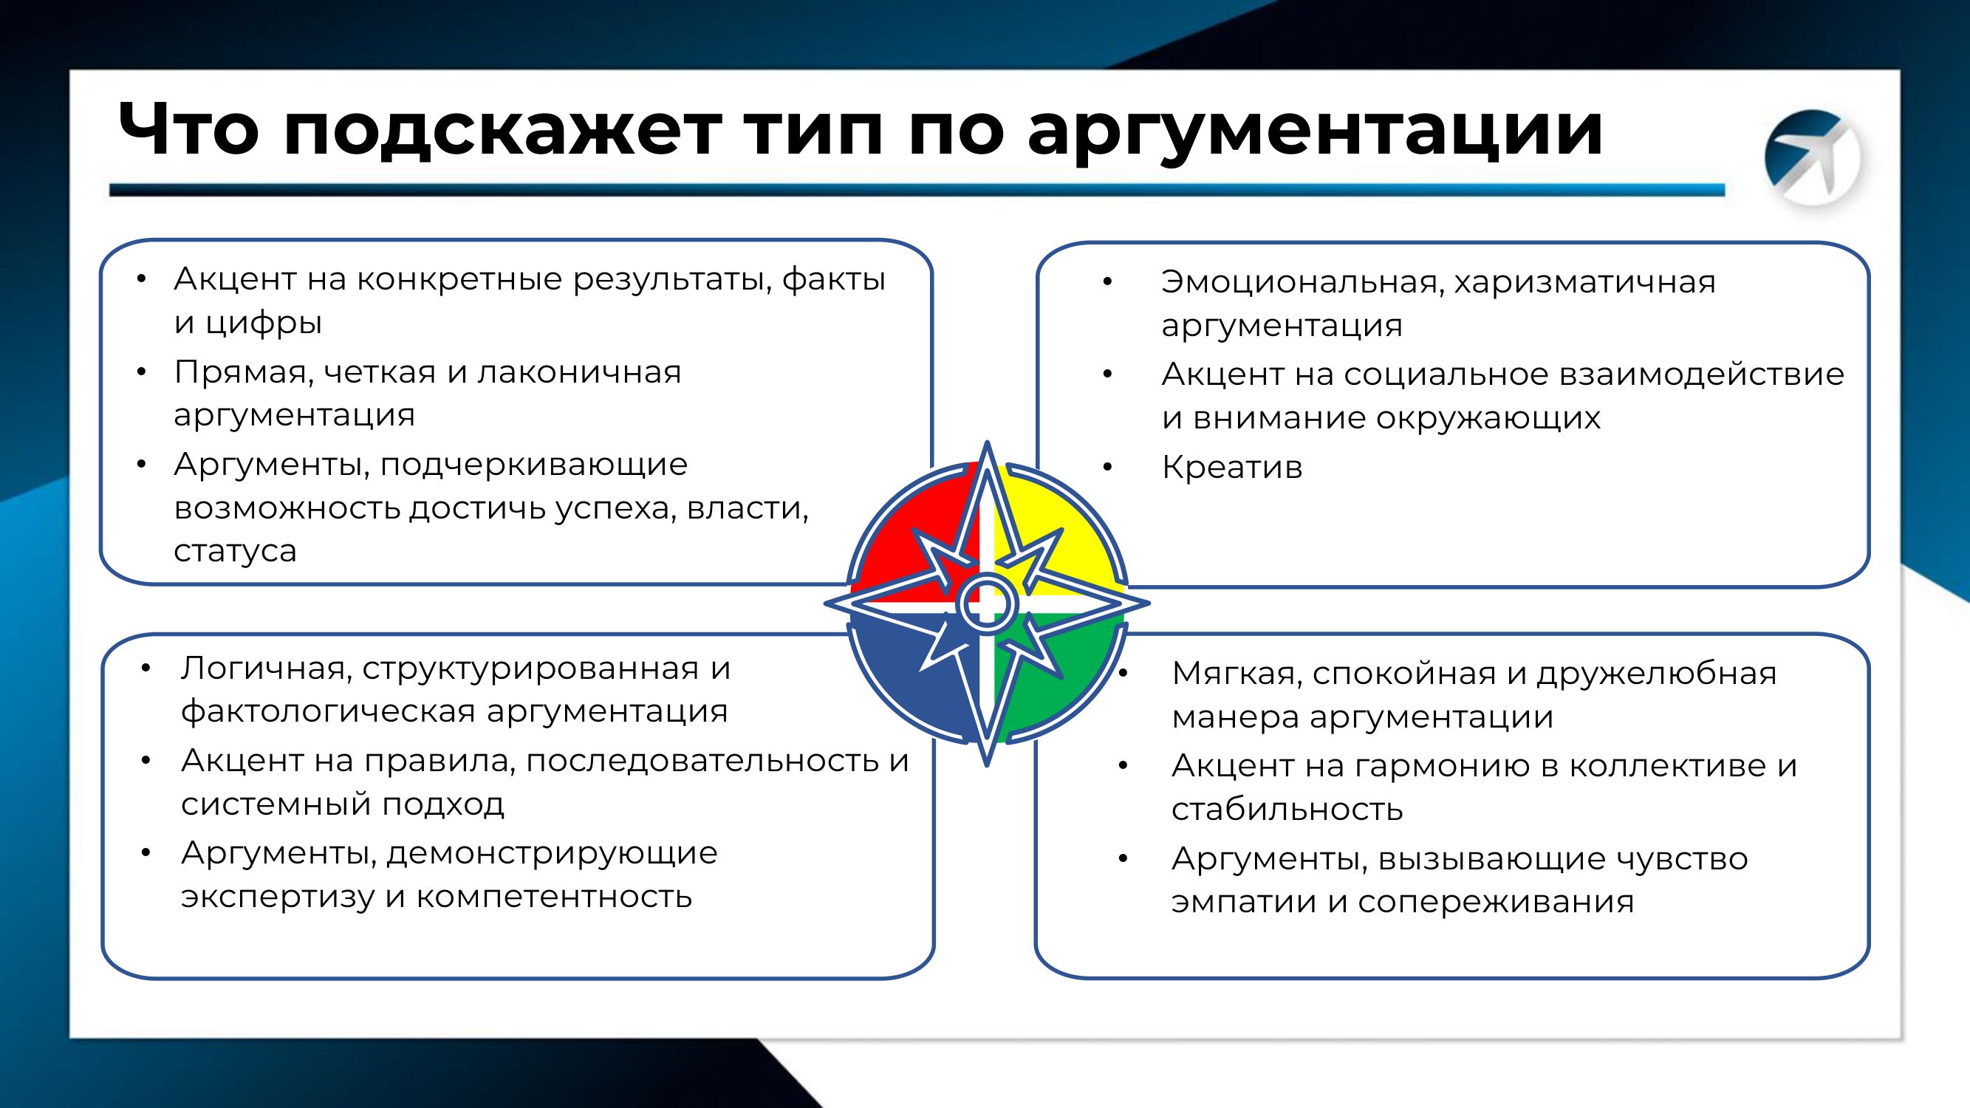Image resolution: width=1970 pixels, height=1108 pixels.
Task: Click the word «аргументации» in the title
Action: [1315, 131]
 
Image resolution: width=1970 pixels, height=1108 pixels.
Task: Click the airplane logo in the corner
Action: [1813, 157]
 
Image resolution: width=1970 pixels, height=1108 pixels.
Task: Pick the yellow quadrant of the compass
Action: [1070, 527]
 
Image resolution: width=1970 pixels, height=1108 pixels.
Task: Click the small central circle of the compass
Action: [987, 603]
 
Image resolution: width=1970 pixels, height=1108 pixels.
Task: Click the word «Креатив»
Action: [1231, 468]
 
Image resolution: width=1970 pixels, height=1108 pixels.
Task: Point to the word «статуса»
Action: [235, 550]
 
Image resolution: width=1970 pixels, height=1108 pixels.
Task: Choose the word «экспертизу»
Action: [278, 896]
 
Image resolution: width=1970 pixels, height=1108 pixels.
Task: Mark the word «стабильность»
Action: [1287, 809]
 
